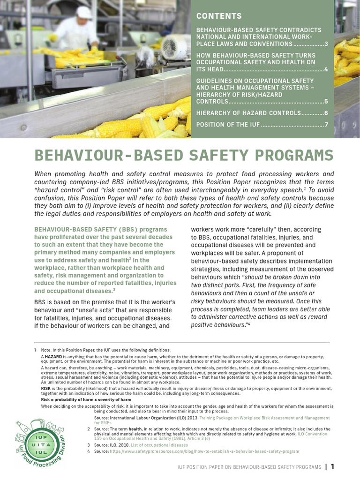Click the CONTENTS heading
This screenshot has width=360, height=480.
219,16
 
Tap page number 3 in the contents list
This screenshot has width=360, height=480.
325,44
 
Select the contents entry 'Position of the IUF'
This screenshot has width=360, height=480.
227,125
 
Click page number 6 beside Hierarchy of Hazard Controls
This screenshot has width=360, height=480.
325,113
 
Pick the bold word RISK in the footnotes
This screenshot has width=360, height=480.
46,389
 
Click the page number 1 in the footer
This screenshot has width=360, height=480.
332,466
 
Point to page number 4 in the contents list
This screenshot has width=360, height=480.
325,69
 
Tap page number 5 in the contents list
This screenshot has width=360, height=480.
325,101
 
